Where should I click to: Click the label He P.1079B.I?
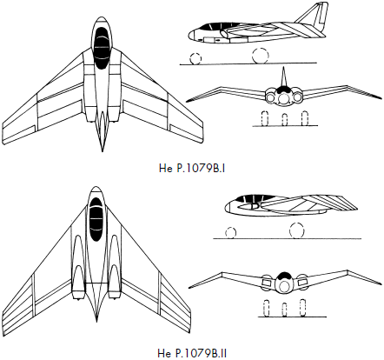pyautogui.click(x=192, y=169)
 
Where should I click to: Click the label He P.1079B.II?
pyautogui.click(x=192, y=354)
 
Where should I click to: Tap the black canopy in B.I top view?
pyautogui.click(x=101, y=48)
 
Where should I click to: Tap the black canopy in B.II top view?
pyautogui.click(x=96, y=219)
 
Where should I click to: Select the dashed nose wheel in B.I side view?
pyautogui.click(x=195, y=58)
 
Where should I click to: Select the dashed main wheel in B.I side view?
pyautogui.click(x=261, y=56)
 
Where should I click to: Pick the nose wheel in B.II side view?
pyautogui.click(x=230, y=233)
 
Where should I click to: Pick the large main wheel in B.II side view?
pyautogui.click(x=297, y=230)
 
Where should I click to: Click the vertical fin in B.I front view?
pyautogui.click(x=284, y=77)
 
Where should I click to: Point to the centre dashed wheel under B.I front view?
pyautogui.click(x=285, y=120)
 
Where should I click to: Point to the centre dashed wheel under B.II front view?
pyautogui.click(x=284, y=310)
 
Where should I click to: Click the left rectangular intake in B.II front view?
pyautogui.click(x=267, y=281)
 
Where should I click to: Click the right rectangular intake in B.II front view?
pyautogui.click(x=302, y=281)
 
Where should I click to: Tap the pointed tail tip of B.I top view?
pyautogui.click(x=102, y=151)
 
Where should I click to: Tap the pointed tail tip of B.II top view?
pyautogui.click(x=96, y=322)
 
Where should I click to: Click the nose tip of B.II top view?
pyautogui.click(x=96, y=186)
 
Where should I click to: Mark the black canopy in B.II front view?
pyautogui.click(x=284, y=276)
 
